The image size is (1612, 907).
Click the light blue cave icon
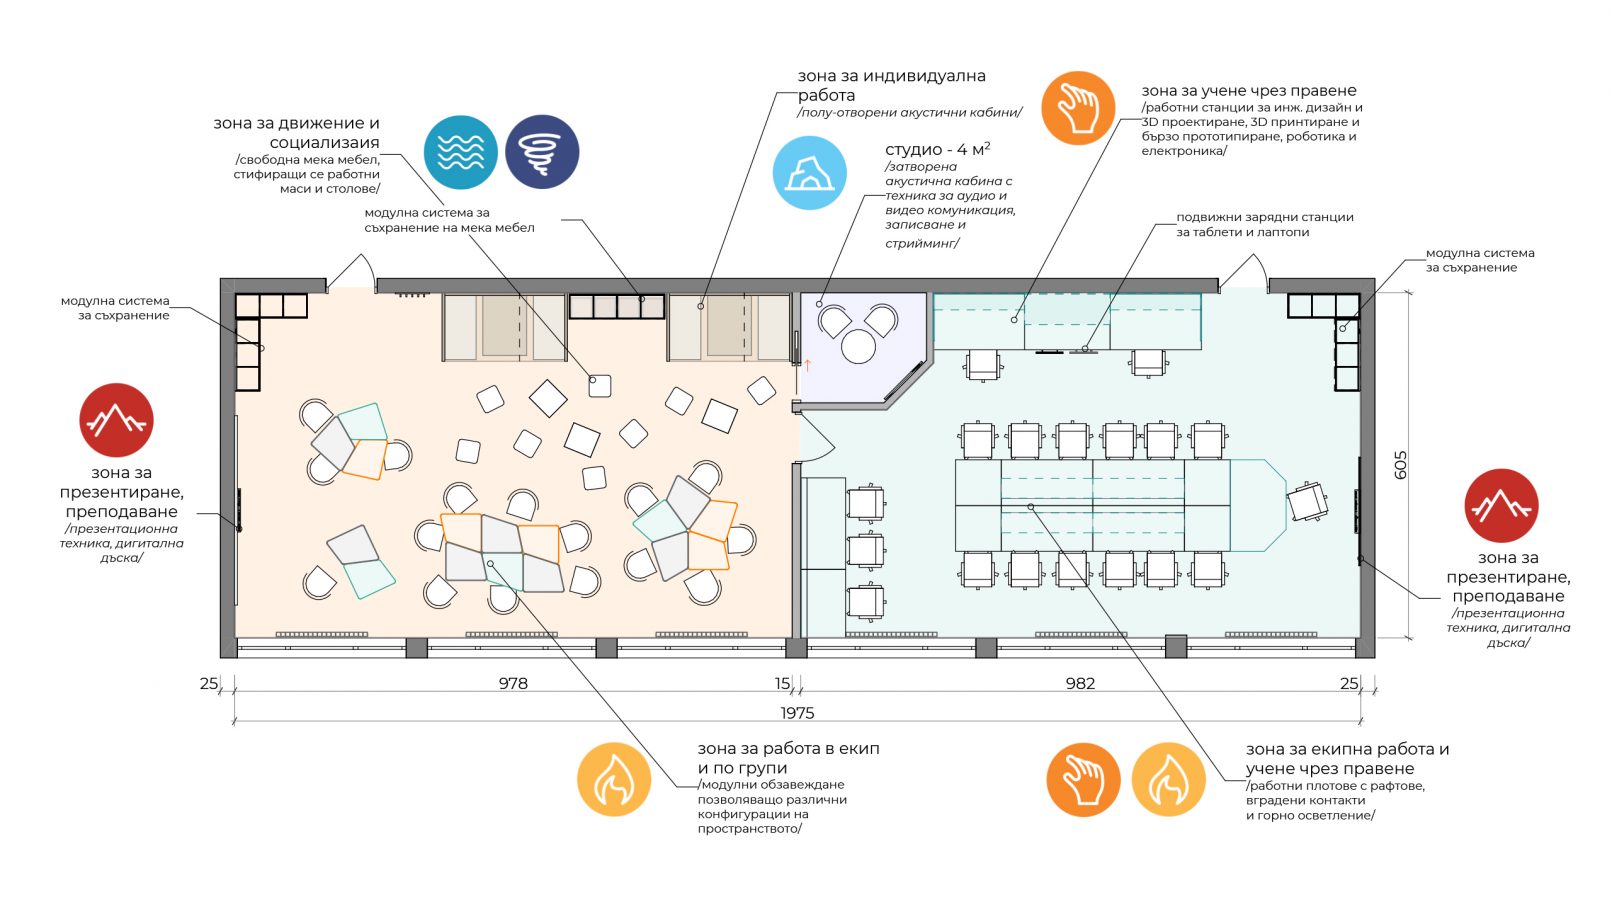[809, 173]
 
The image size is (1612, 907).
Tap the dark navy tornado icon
[542, 152]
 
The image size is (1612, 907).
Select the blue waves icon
[461, 152]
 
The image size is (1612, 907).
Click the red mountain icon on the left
[117, 420]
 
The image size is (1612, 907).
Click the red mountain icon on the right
[1501, 505]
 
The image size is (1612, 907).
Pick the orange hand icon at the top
[1078, 108]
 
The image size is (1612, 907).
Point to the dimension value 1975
[797, 713]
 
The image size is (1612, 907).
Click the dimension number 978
[513, 683]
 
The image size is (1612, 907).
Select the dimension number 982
[1080, 683]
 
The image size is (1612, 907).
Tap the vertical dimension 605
[1400, 465]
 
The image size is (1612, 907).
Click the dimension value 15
[783, 683]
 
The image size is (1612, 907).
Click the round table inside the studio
[858, 346]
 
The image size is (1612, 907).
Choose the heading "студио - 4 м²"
[938, 149]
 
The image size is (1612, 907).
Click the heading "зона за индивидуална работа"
[892, 85]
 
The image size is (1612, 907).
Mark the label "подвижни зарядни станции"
[1265, 217]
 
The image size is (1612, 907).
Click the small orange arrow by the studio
[807, 365]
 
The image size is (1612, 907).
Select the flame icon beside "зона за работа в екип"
[614, 780]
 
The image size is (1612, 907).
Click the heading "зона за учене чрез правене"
[1249, 91]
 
